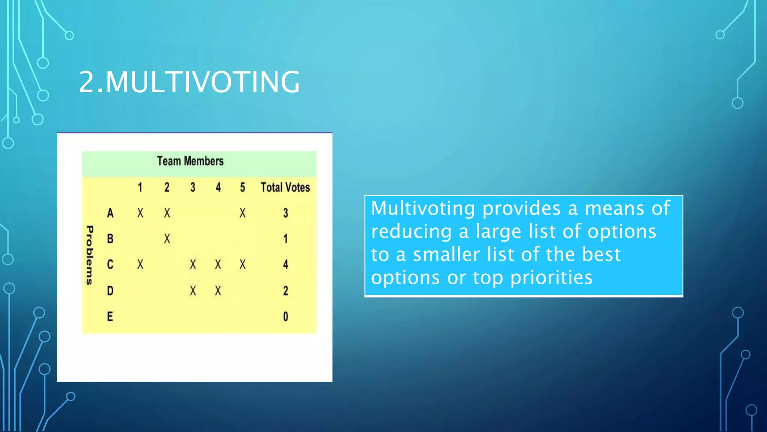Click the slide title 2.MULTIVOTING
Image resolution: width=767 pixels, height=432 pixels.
click(x=189, y=82)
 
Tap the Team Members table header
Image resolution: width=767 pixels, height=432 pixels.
click(x=190, y=161)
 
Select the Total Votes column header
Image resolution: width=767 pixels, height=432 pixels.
click(x=285, y=187)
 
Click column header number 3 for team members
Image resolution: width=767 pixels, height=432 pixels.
click(x=192, y=187)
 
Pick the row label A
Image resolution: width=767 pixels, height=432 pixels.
click(x=110, y=213)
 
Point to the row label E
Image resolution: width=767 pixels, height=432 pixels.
click(x=110, y=316)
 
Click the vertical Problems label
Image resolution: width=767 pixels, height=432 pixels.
click(x=90, y=255)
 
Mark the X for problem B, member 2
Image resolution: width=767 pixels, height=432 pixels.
click(x=167, y=239)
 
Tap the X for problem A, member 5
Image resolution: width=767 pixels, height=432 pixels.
click(x=243, y=213)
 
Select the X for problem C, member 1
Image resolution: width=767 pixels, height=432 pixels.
click(x=140, y=265)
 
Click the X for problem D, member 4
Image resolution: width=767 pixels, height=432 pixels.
click(x=218, y=291)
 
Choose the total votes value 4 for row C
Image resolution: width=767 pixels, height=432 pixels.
click(x=285, y=265)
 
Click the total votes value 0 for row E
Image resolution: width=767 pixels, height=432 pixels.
click(x=285, y=316)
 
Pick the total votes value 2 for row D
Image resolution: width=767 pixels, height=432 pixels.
click(x=285, y=291)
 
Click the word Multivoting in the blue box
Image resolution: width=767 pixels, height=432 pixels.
click(x=423, y=208)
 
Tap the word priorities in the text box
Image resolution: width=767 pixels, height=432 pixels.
click(x=551, y=278)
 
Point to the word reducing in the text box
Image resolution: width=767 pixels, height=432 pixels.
click(x=411, y=231)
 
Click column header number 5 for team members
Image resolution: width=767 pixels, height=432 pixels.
click(x=243, y=187)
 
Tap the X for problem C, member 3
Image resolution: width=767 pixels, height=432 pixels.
click(x=192, y=265)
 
